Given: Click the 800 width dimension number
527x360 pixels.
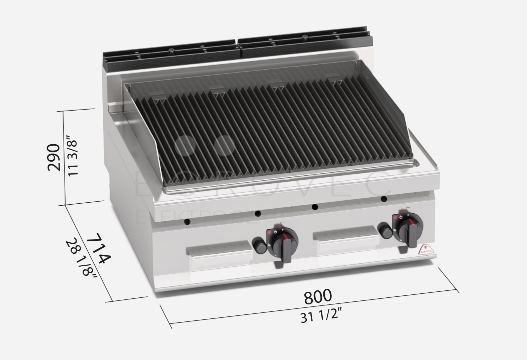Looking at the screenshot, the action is click(x=318, y=296).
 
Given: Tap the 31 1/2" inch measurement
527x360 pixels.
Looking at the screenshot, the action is click(x=321, y=316).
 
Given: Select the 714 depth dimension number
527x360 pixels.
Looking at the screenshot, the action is click(x=99, y=248).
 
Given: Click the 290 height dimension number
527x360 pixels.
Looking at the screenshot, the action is click(x=54, y=157).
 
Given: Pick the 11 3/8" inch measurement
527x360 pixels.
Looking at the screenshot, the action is click(x=73, y=156).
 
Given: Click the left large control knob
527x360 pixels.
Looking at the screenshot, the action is click(x=282, y=243).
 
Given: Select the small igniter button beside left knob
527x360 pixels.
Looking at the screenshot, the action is click(x=259, y=245).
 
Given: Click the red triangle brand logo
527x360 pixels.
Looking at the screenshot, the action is click(x=426, y=249).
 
